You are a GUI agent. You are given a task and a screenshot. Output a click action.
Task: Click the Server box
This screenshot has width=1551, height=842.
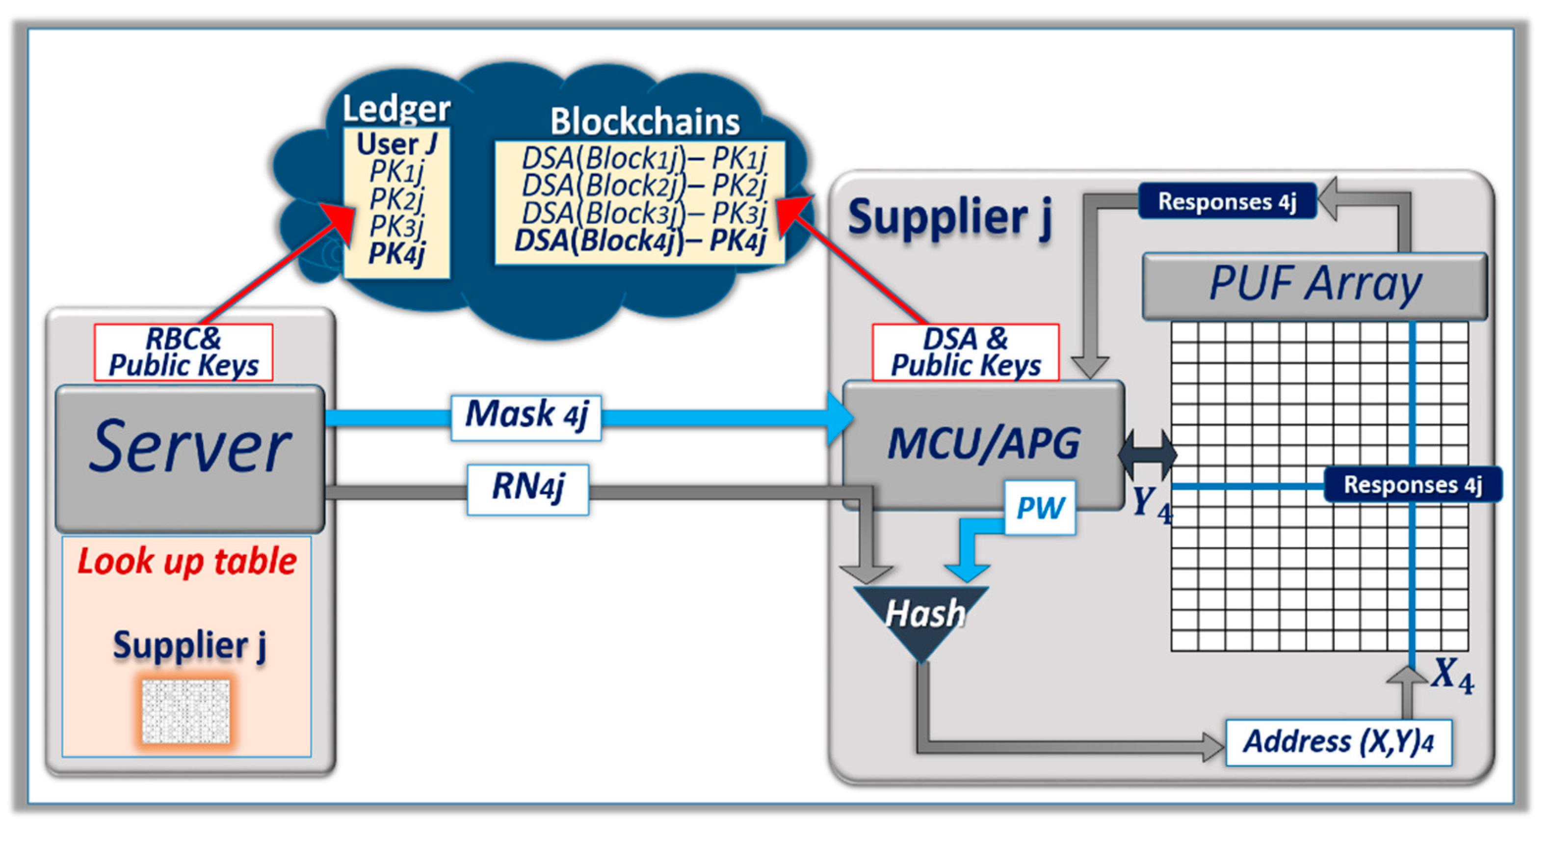coord(190,458)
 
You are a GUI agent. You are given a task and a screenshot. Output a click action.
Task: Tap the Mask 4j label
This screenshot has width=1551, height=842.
coord(526,417)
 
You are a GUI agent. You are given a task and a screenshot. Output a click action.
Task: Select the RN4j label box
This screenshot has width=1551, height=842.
coord(528,489)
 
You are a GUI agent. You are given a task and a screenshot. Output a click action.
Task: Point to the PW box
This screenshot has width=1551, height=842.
coord(1040,507)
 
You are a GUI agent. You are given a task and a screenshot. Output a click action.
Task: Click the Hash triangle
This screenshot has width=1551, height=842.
coord(921,617)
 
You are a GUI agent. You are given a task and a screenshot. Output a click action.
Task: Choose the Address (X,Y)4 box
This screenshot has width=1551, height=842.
coord(1338,742)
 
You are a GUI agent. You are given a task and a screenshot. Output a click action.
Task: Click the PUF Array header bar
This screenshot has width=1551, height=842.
coord(1314,285)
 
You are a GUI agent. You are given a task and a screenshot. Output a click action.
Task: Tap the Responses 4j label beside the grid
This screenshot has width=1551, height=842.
coord(1412,484)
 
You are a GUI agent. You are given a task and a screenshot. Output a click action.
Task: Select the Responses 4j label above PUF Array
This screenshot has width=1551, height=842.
coord(1227,201)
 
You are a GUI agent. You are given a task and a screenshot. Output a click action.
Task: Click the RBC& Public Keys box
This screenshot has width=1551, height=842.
coord(183,353)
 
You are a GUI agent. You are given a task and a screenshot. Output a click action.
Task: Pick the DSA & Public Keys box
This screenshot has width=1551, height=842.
coord(965,353)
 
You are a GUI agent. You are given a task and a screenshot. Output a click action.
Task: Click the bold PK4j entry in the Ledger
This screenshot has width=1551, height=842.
coord(396,253)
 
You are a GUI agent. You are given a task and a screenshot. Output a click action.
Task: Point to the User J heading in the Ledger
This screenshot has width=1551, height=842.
coord(396,144)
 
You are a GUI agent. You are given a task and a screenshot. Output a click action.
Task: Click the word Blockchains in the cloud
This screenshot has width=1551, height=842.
coord(644,122)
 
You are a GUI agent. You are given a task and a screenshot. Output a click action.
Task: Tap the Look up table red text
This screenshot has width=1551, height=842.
coord(186,561)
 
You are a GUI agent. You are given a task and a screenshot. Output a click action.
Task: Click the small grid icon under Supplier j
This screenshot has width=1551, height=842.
coord(186,711)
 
